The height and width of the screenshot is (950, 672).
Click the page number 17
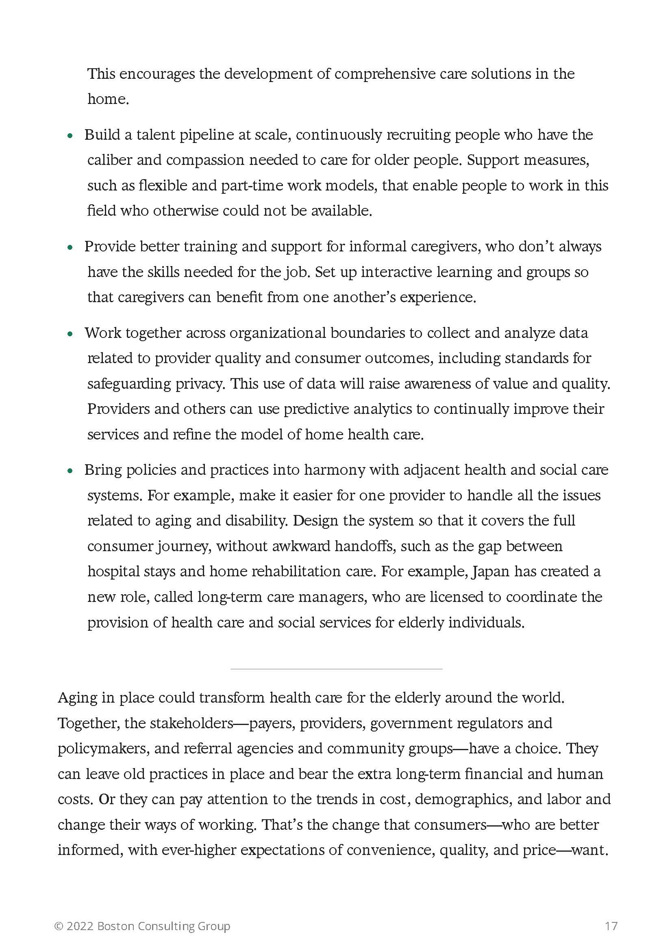[x=611, y=926]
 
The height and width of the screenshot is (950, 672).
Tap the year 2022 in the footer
[x=80, y=926]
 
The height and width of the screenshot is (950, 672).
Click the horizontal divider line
[x=336, y=669]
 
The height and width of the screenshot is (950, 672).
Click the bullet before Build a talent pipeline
[x=70, y=136]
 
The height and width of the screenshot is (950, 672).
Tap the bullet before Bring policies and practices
[x=70, y=471]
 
